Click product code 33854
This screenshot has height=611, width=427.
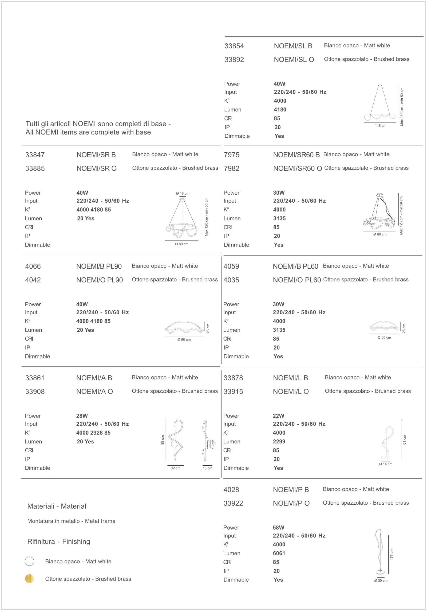pos(234,46)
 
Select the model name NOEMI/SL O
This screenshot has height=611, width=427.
pos(294,60)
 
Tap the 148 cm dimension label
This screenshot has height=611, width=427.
pos(380,126)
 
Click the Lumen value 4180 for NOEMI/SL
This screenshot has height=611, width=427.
pos(280,110)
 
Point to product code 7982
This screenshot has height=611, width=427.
pos(231,168)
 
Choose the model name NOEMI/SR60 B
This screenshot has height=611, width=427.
pos(296,155)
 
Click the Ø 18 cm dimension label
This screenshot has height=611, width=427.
pos(183,194)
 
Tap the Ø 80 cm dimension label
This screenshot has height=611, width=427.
pos(181,244)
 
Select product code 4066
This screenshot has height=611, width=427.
pos(33,266)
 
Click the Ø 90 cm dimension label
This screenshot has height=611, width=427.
pos(184,339)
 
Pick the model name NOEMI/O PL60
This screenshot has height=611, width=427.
pos(296,280)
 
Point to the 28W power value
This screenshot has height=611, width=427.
pos(82,416)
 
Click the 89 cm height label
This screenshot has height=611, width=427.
pos(163,440)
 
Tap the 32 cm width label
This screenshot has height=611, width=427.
pos(175,468)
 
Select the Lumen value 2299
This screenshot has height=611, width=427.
pos(279,442)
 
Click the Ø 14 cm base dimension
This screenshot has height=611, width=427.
pos(386,464)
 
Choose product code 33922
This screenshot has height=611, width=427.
pos(233,503)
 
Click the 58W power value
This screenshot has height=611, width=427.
pos(278,528)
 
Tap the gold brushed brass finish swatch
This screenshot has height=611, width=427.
pos(29,579)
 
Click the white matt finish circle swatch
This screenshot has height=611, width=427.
pos(29,561)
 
